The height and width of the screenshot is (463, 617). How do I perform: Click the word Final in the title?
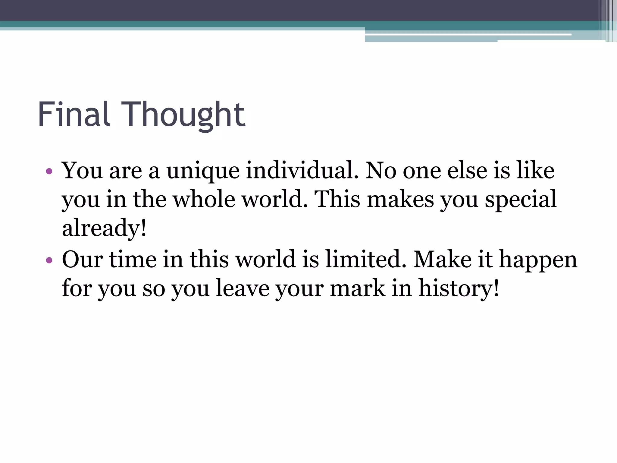[73, 115]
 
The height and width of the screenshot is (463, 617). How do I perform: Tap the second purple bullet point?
[49, 260]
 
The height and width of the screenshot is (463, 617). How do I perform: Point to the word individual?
[302, 171]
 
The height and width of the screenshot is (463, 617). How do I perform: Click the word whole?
[204, 199]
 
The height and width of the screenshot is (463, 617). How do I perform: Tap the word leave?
[243, 288]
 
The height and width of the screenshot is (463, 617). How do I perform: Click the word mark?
[358, 288]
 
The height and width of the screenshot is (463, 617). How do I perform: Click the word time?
[133, 259]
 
